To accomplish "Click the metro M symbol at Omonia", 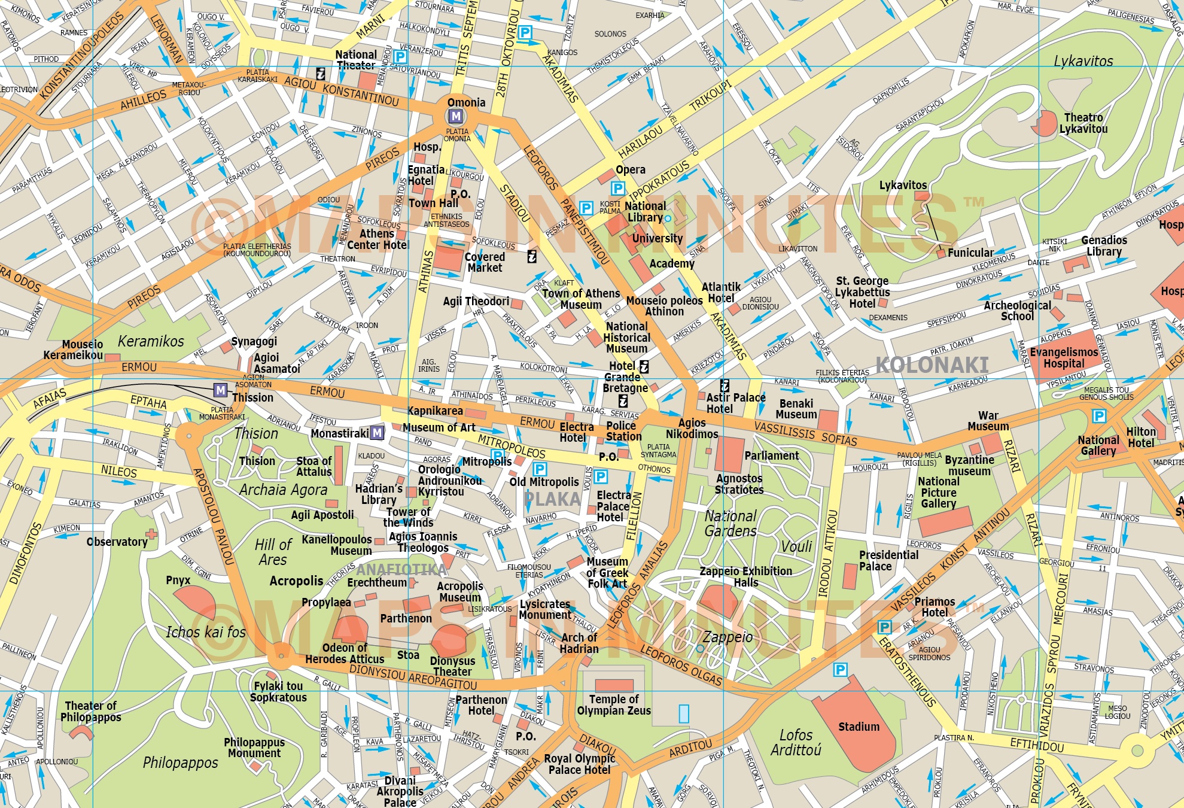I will (456, 116).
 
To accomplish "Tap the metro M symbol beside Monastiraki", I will (377, 432).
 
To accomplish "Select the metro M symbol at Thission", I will (221, 391).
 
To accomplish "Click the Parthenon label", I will (406, 618).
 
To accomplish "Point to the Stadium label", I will (859, 727).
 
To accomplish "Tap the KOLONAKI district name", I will (932, 364).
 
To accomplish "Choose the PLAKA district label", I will (552, 499).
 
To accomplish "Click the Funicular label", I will (970, 253).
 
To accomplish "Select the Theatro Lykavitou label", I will (1083, 123).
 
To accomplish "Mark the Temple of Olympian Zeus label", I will (614, 704).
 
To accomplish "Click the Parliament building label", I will (771, 455).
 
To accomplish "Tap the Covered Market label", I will (485, 262).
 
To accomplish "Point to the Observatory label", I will (117, 542).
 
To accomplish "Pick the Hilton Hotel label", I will (1141, 438).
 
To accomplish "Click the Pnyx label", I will (178, 580).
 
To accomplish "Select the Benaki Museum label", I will (796, 409).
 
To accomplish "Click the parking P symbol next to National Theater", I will (400, 57).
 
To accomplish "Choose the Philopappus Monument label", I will (254, 748).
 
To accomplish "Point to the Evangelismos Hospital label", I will (1064, 357).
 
